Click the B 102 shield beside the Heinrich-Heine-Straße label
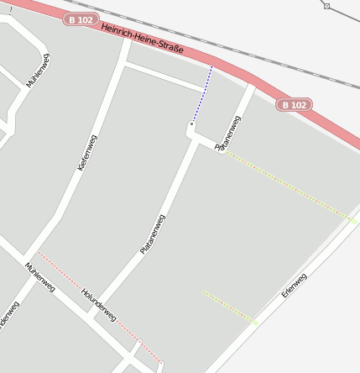(81, 19)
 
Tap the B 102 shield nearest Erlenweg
(295, 105)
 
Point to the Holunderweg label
(98, 306)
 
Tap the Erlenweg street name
(295, 286)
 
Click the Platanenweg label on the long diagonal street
(153, 235)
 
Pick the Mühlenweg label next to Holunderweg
(39, 276)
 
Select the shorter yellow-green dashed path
(228, 307)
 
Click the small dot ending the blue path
(192, 123)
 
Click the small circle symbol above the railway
(326, 6)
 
